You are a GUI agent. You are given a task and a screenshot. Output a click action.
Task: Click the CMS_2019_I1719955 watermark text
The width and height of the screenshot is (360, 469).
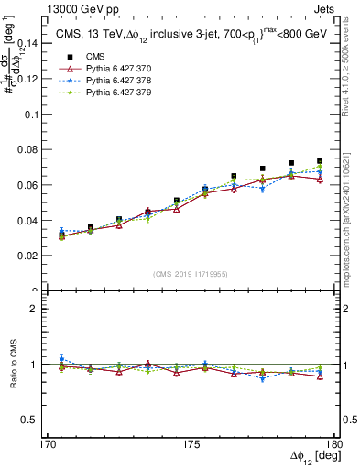point(191,274)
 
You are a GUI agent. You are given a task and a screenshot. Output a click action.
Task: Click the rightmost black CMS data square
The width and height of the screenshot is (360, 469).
point(320,161)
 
